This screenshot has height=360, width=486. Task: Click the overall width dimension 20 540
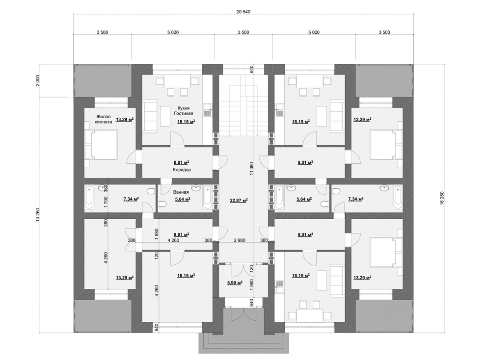pyautogui.click(x=243, y=12)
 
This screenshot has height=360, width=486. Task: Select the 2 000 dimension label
pyautogui.click(x=38, y=81)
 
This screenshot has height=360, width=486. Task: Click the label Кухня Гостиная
pyautogui.click(x=186, y=111)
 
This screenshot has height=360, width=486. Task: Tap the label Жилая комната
pyautogui.click(x=104, y=119)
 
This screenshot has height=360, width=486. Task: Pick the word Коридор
pyautogui.click(x=182, y=170)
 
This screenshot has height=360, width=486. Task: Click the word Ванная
pyautogui.click(x=181, y=192)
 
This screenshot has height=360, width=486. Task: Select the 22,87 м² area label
pyautogui.click(x=239, y=200)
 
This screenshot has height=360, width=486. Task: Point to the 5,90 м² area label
pyautogui.click(x=235, y=283)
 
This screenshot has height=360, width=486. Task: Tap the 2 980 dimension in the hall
pyautogui.click(x=240, y=240)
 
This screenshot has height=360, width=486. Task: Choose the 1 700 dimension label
pyautogui.click(x=106, y=202)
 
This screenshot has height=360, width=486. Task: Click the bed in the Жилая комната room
pyautogui.click(x=101, y=145)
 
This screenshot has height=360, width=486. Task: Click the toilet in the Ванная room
pyautogui.click(x=162, y=204)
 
